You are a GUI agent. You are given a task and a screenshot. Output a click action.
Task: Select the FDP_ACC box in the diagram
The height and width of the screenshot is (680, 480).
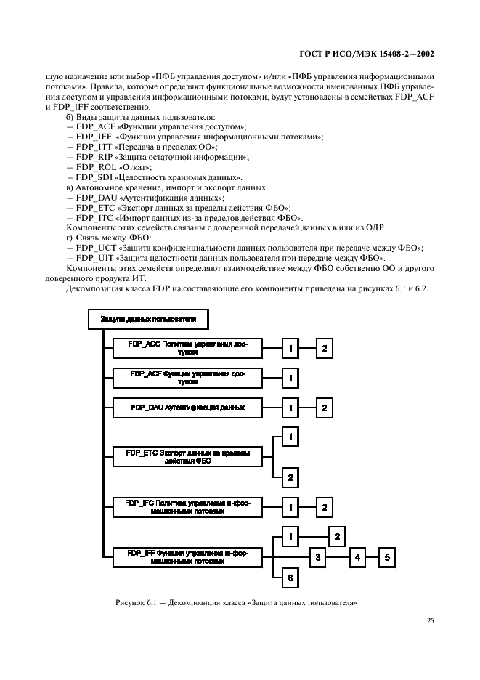point(187,349)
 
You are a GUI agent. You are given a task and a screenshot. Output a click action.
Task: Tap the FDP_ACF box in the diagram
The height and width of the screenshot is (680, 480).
point(187,378)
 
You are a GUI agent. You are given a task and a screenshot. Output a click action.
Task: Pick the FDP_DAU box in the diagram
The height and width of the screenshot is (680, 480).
point(187,408)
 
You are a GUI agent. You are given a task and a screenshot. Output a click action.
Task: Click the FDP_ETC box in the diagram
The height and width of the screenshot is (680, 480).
point(187,457)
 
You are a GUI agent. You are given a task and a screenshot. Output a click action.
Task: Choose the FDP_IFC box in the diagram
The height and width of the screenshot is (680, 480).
point(187,506)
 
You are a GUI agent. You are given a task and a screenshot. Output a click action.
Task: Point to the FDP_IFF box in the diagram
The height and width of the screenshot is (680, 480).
point(187,556)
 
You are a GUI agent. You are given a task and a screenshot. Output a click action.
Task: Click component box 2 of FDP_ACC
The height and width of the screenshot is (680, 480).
point(325,349)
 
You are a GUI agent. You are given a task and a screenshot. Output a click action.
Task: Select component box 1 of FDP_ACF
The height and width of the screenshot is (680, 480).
point(290,378)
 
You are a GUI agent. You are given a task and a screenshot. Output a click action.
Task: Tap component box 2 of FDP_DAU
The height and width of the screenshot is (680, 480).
point(325,408)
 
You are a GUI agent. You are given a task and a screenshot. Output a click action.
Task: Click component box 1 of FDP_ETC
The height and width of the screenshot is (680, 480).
point(290,437)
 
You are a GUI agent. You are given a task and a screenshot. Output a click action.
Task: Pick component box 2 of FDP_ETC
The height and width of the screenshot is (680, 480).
point(290,477)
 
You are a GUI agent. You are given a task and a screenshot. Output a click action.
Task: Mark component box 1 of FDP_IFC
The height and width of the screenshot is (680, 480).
point(290,506)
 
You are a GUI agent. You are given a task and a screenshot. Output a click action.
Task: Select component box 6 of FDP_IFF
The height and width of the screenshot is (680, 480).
point(290,577)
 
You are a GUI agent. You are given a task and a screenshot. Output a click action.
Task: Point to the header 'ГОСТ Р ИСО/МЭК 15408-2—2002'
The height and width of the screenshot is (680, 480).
point(375,54)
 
